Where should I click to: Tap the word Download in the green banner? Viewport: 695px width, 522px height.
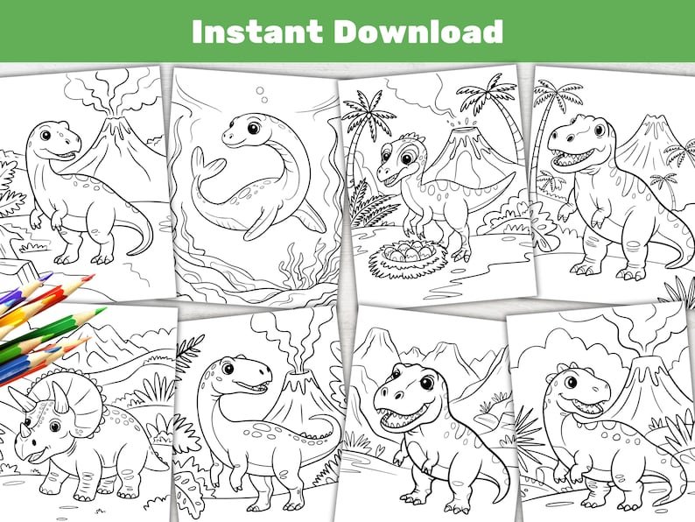[x=418, y=32]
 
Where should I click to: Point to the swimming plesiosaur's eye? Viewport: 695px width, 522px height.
[x=253, y=129]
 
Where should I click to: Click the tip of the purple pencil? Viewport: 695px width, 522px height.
[x=47, y=276]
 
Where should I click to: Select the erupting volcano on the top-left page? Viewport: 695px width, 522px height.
[x=114, y=140]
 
